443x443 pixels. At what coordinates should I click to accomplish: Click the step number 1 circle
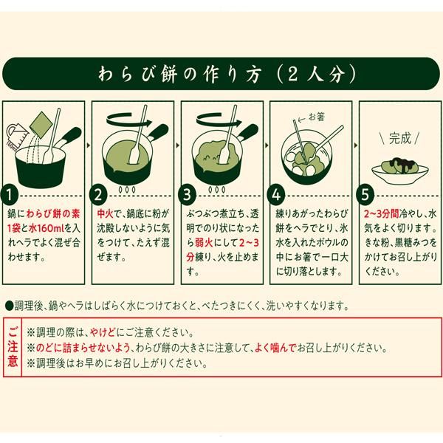[10, 195]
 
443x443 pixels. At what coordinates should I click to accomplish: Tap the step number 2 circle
[98, 195]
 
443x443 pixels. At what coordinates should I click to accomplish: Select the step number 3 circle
[187, 195]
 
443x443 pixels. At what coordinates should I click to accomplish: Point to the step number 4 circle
[276, 195]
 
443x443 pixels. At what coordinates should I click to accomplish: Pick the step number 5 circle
[365, 195]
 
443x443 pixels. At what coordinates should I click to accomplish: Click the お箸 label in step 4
[317, 117]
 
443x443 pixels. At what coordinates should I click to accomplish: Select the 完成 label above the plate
[399, 139]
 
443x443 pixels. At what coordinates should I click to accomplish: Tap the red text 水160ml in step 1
[47, 228]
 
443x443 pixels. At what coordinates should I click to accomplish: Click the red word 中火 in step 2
[105, 213]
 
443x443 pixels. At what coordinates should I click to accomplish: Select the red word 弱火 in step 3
[204, 243]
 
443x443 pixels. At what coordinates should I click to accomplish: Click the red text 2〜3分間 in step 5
[382, 213]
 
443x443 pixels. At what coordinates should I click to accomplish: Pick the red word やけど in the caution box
[103, 332]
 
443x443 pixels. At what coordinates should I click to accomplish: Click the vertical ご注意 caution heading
[13, 347]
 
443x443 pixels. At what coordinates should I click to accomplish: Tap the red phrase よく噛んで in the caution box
[275, 348]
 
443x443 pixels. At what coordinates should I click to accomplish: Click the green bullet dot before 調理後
[10, 306]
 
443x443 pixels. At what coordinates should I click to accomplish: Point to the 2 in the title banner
[292, 75]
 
